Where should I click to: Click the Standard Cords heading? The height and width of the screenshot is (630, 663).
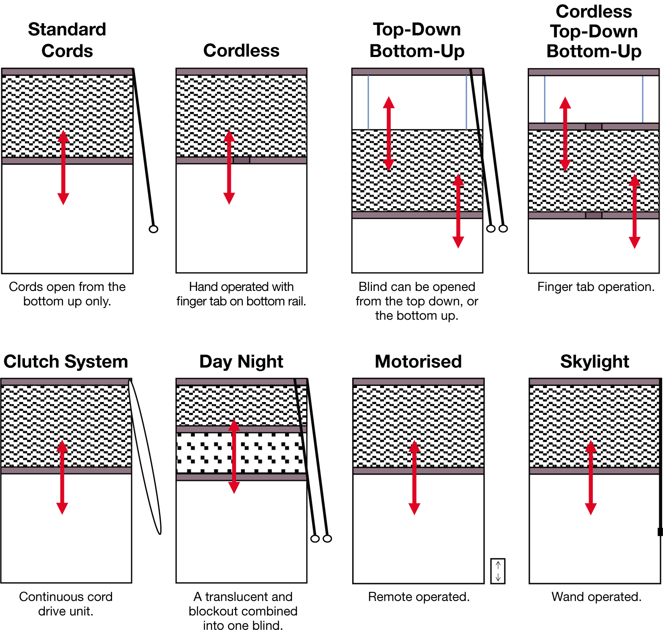coord(67,40)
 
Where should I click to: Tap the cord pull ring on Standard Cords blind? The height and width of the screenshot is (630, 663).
coord(153,229)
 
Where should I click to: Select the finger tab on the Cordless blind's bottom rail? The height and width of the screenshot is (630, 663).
coord(241,160)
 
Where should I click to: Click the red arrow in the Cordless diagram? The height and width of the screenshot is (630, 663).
coord(229,167)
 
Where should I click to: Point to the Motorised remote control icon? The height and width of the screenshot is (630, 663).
coord(498,571)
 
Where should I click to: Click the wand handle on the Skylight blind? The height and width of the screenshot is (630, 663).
coord(660,532)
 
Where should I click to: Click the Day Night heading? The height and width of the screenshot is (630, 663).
coord(241,361)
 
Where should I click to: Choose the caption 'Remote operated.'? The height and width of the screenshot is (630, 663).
coord(419,597)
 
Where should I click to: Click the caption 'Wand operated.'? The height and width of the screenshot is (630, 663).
coord(596,597)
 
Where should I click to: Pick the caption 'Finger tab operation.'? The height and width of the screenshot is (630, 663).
coord(596,287)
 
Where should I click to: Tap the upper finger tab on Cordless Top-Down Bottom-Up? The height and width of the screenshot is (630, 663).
coord(593,127)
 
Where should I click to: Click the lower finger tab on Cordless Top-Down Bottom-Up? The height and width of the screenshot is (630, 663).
coord(593,215)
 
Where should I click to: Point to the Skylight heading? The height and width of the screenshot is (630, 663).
coord(595,361)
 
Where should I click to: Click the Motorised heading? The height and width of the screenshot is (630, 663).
coord(418,361)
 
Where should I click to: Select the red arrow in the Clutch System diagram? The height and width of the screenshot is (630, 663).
coord(62,477)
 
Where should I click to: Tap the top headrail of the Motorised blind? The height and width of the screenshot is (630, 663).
coord(418,382)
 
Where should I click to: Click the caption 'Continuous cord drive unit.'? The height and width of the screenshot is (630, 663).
coord(66,604)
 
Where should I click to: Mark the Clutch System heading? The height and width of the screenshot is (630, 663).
coord(66,361)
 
